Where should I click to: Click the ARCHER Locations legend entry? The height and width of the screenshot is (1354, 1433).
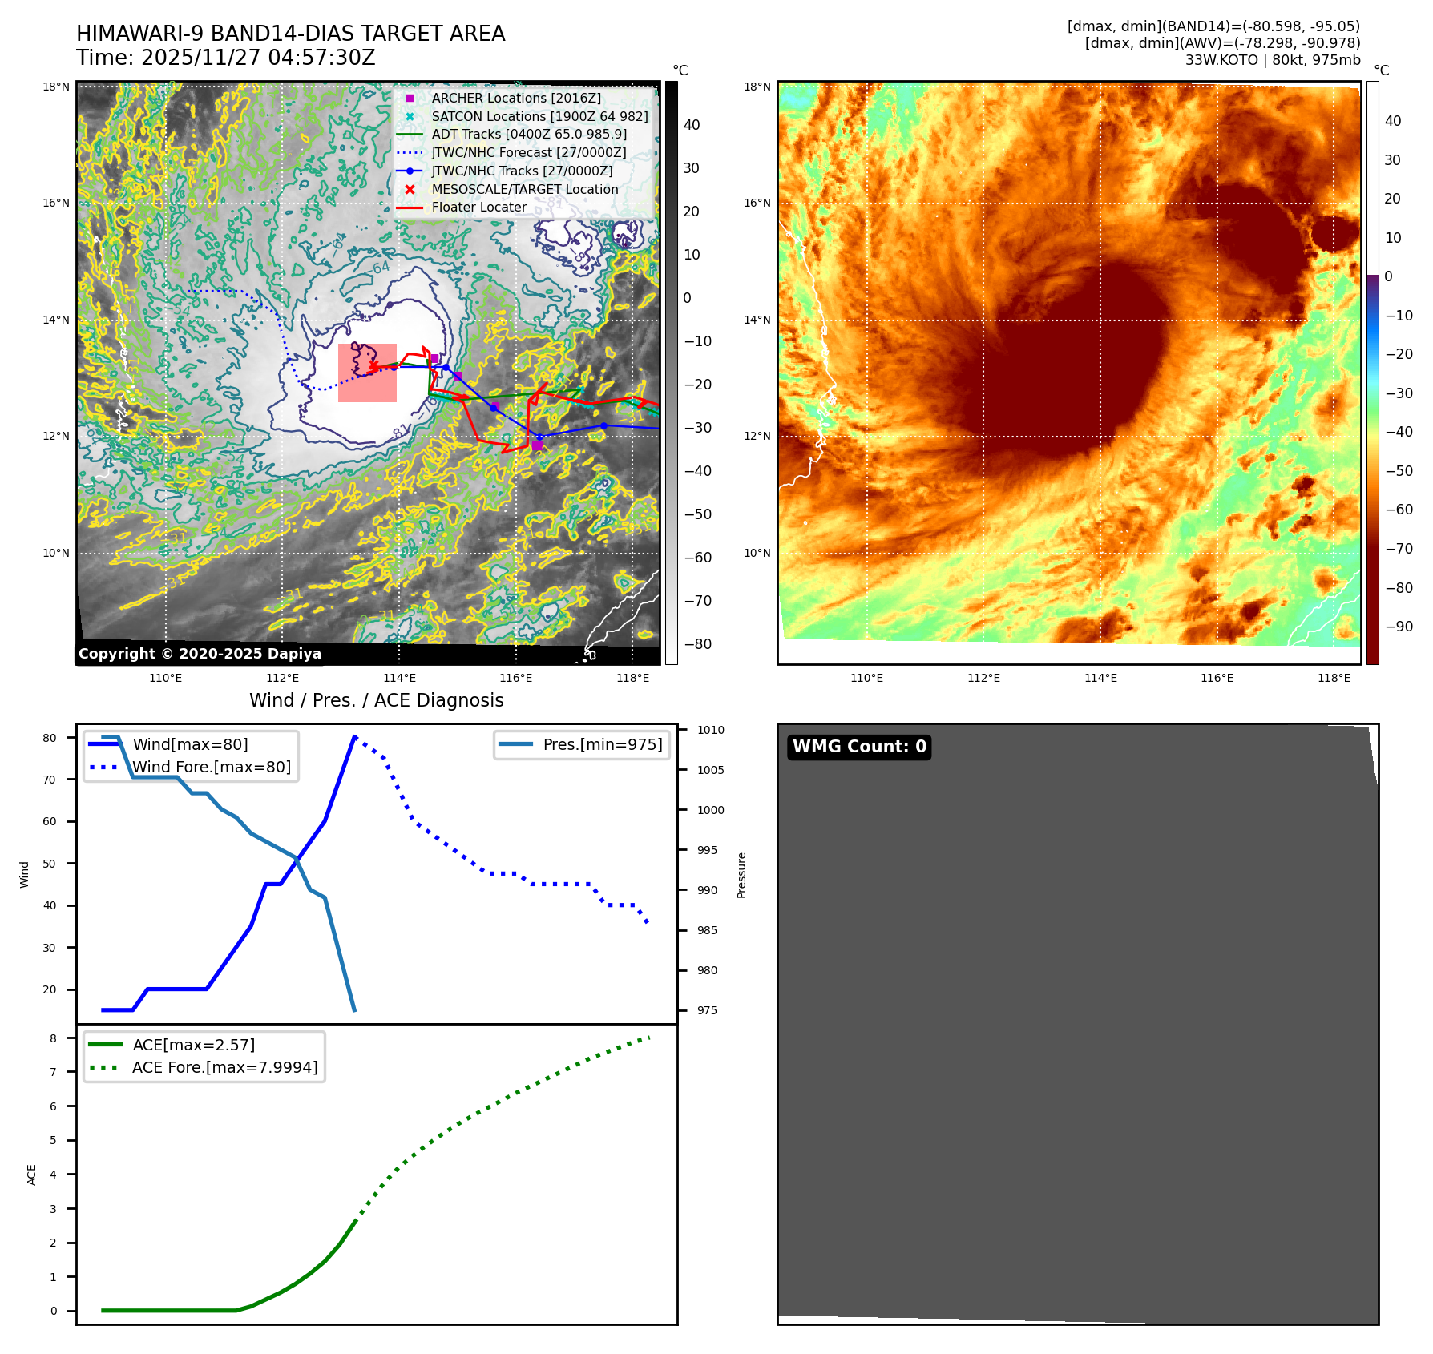(x=515, y=98)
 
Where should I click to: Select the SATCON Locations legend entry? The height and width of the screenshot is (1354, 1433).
(x=539, y=116)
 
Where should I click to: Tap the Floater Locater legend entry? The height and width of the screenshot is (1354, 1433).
(x=478, y=207)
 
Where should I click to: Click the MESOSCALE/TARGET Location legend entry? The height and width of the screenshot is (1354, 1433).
(x=524, y=189)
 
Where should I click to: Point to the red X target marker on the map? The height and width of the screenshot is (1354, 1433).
(x=373, y=366)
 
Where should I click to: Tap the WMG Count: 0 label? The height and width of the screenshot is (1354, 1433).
(x=859, y=747)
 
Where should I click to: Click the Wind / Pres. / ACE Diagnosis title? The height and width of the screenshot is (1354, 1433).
(x=376, y=700)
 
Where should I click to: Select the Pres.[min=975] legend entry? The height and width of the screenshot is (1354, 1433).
(x=602, y=744)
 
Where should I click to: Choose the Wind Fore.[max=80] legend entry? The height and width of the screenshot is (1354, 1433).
(x=211, y=767)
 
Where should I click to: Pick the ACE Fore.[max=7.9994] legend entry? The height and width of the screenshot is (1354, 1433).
(x=224, y=1067)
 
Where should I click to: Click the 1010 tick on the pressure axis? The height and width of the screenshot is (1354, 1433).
(x=710, y=730)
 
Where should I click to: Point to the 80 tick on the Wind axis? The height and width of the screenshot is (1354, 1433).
(x=50, y=738)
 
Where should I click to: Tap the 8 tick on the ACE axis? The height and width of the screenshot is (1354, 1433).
(x=53, y=1038)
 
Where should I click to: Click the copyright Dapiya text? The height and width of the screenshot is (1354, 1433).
(x=200, y=654)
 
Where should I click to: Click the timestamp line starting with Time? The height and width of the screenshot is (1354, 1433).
(x=225, y=58)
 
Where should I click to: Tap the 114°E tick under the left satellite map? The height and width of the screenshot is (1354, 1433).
(x=399, y=678)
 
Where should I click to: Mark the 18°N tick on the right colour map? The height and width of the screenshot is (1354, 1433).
(x=757, y=87)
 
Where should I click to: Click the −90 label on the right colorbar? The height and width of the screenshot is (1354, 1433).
(x=1399, y=627)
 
